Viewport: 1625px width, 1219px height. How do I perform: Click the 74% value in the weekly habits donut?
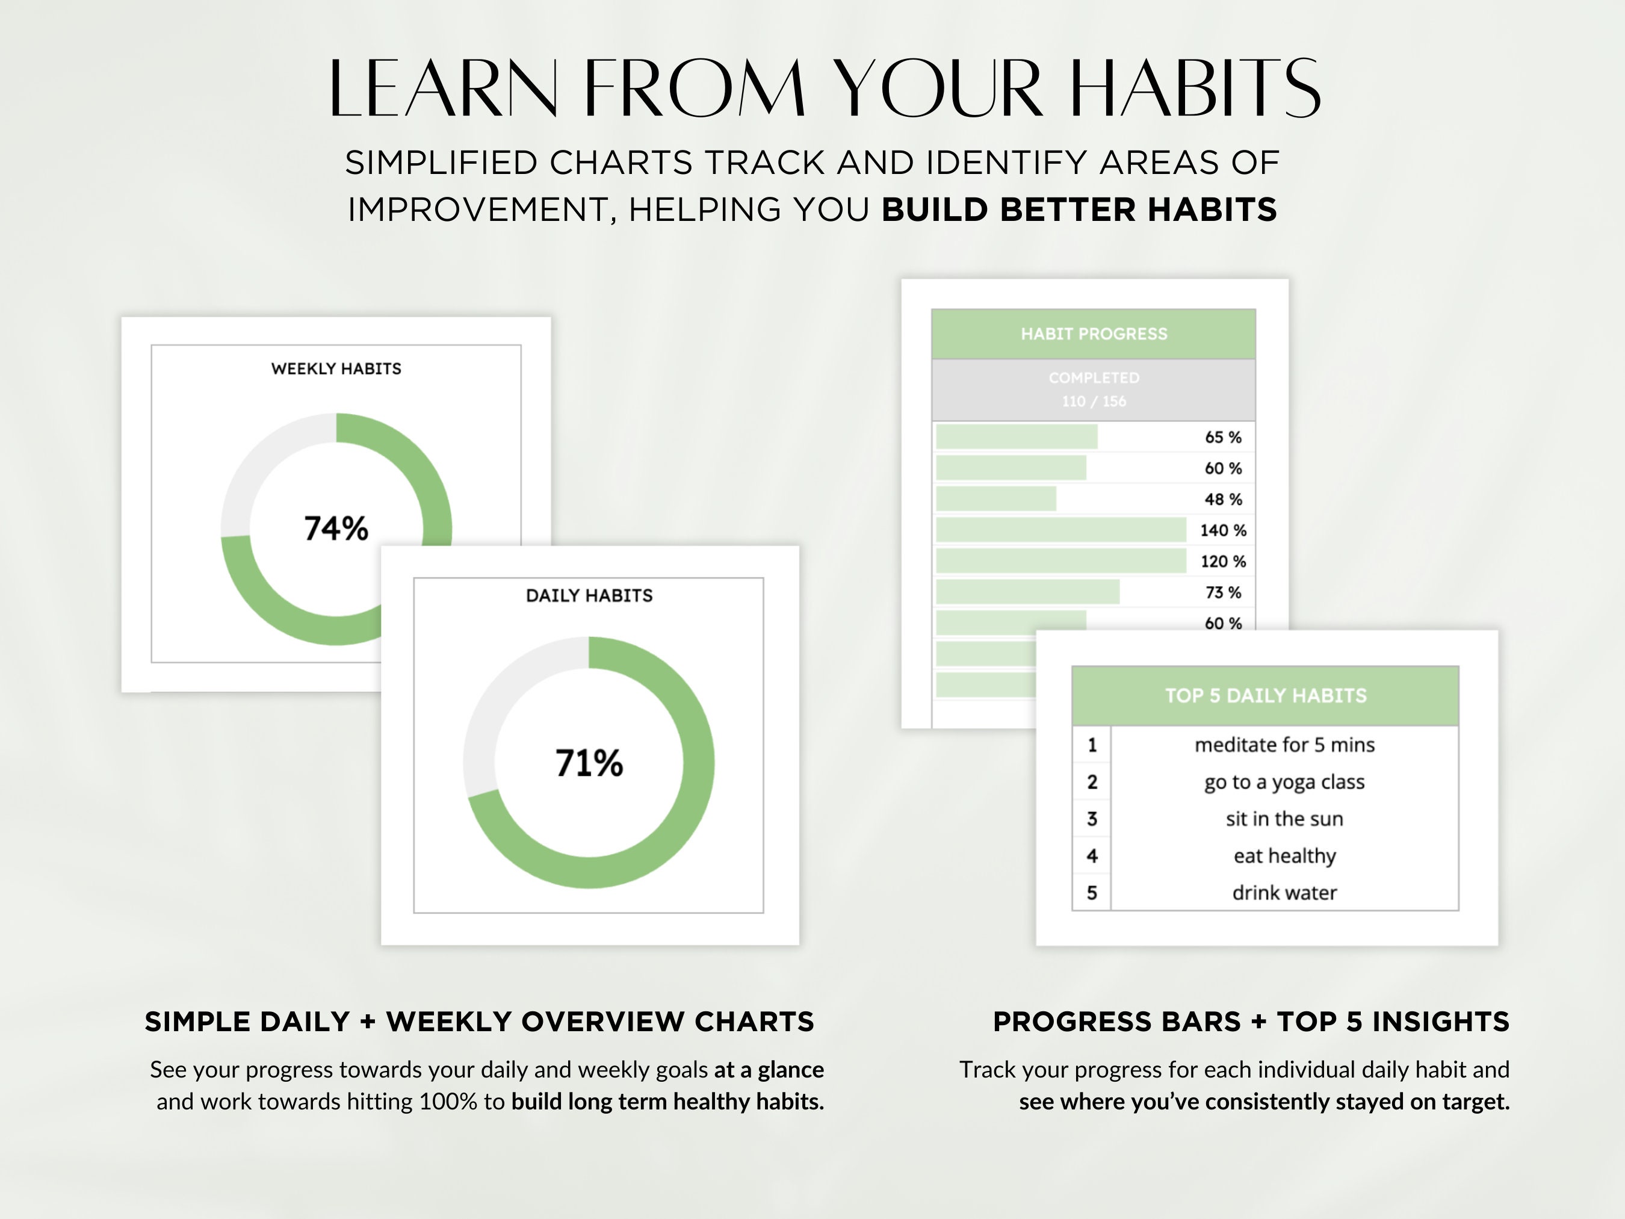[x=336, y=529]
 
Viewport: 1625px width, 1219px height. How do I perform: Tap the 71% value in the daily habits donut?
[x=589, y=763]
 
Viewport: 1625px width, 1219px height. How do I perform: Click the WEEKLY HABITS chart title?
[x=336, y=369]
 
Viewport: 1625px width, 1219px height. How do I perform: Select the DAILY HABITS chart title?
[x=589, y=596]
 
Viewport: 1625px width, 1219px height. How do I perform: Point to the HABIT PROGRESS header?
[x=1094, y=334]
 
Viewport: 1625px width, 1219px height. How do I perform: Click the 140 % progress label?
[x=1223, y=530]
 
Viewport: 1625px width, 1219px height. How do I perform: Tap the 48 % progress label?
[x=1223, y=500]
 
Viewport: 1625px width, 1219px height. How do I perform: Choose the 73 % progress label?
[x=1223, y=593]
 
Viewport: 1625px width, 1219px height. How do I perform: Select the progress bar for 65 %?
[x=1017, y=437]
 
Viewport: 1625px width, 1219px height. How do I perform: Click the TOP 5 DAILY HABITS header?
[x=1266, y=696]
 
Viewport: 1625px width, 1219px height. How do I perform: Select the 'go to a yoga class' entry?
[x=1284, y=783]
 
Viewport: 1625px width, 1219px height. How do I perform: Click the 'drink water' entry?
[x=1284, y=893]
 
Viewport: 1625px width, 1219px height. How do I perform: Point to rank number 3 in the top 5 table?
[x=1092, y=819]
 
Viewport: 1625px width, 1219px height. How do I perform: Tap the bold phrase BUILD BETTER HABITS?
[x=1079, y=210]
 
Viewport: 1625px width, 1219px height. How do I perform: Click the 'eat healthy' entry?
[x=1284, y=856]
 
